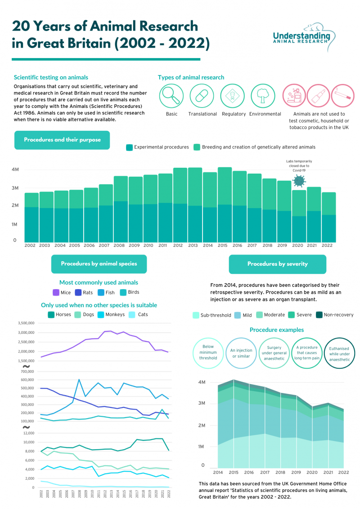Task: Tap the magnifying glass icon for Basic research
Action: click(x=171, y=95)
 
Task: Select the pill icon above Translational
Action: click(x=202, y=95)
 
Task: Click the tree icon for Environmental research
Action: click(x=262, y=95)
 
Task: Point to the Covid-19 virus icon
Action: click(x=298, y=181)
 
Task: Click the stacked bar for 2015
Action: click(x=225, y=205)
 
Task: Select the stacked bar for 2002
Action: click(x=31, y=218)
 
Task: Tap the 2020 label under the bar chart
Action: click(x=297, y=246)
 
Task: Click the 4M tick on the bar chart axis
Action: click(x=15, y=170)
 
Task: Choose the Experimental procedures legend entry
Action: click(x=157, y=147)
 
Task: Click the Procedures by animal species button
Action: click(x=99, y=264)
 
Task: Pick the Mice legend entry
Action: click(x=62, y=292)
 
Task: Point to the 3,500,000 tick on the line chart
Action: click(x=21, y=323)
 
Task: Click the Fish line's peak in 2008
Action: click(x=79, y=380)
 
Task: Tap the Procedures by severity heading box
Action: click(x=277, y=264)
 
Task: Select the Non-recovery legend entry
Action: click(x=335, y=315)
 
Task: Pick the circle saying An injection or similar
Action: click(x=241, y=353)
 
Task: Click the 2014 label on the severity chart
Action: click(x=217, y=473)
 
